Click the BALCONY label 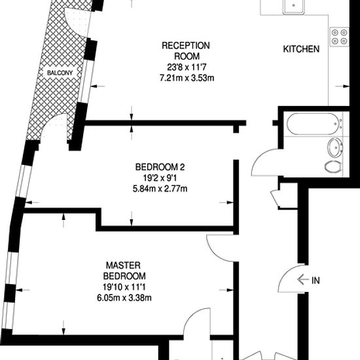[x=60, y=73]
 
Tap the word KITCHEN [x=301, y=49]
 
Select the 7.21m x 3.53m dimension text [x=187, y=78]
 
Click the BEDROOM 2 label [x=160, y=167]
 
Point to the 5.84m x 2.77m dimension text [x=160, y=189]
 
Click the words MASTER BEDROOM [x=124, y=270]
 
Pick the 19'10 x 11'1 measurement [x=124, y=287]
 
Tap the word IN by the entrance [x=315, y=280]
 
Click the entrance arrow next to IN [x=303, y=279]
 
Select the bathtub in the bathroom [x=313, y=124]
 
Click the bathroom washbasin [x=335, y=148]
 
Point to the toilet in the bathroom [x=333, y=166]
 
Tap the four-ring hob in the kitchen [x=340, y=37]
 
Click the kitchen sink [x=294, y=7]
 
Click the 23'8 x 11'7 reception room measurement [x=187, y=67]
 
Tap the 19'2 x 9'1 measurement [x=160, y=178]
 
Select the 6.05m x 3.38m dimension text [x=124, y=298]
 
